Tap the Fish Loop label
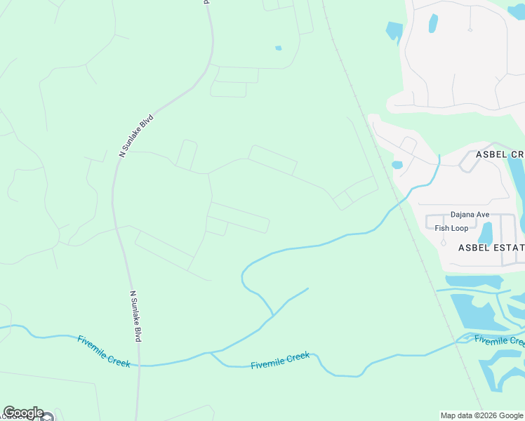[x=451, y=228]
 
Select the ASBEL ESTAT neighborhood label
[x=491, y=247]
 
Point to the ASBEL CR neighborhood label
[x=500, y=154]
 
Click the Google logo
[x=23, y=413]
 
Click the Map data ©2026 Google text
[x=481, y=415]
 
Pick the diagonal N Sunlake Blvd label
[x=136, y=135]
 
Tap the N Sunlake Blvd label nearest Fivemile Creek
[x=136, y=316]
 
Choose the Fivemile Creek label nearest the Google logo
[x=103, y=351]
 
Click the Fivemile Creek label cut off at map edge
[x=499, y=341]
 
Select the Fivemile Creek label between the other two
[x=280, y=361]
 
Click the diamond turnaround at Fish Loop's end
[x=443, y=243]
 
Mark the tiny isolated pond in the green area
[x=279, y=48]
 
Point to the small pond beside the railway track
[x=397, y=166]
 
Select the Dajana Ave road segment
[x=449, y=215]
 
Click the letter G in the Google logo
[x=9, y=413]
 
